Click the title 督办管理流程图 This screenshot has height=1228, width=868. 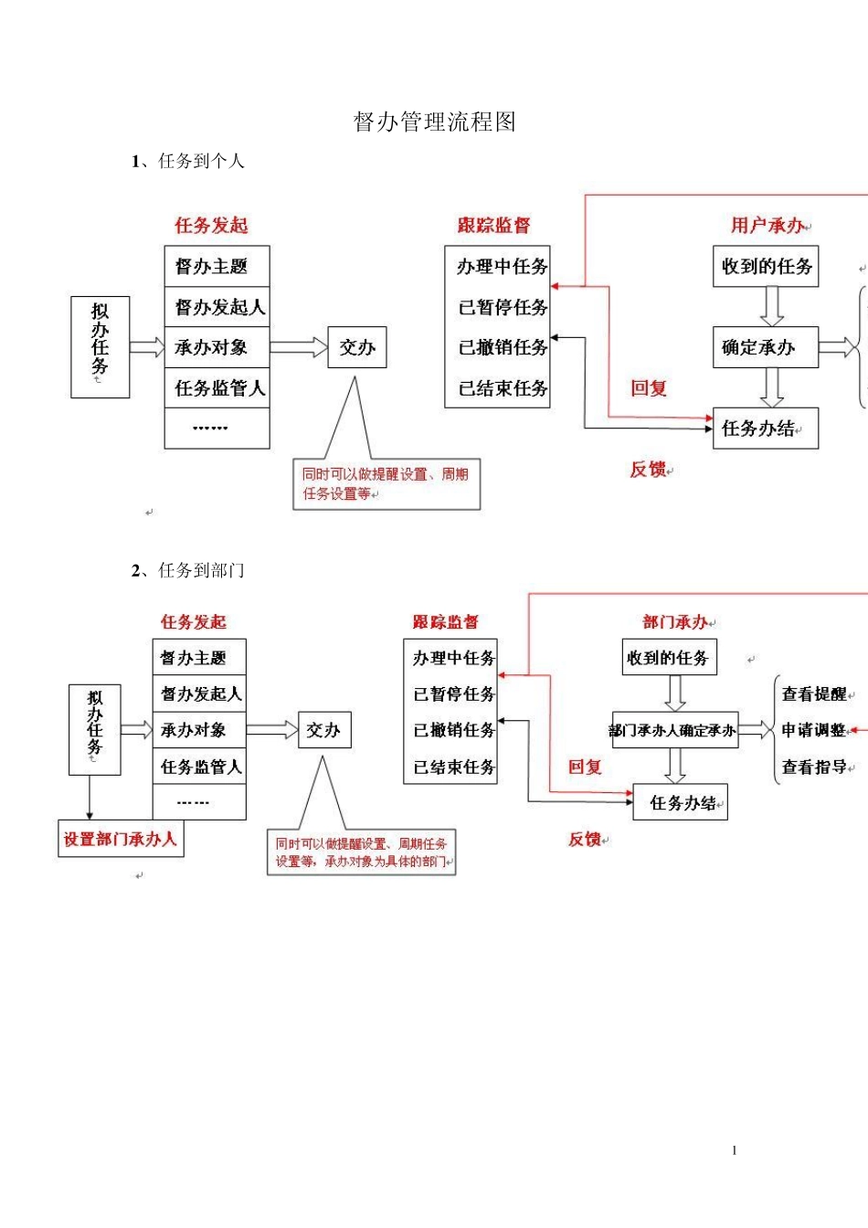tap(435, 122)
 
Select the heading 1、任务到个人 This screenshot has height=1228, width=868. tap(187, 162)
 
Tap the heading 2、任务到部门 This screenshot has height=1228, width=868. tap(187, 571)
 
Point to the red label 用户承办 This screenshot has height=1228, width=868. tap(767, 225)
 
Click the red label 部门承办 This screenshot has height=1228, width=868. tap(674, 622)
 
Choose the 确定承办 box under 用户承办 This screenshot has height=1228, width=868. tap(765, 347)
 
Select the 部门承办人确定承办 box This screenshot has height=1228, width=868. tap(674, 730)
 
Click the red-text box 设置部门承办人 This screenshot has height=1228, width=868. tap(121, 839)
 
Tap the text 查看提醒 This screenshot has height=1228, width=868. tap(813, 694)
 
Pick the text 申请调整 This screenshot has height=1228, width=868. tap(813, 730)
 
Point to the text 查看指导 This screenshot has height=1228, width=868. tap(813, 767)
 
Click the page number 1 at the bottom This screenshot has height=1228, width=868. tap(734, 1150)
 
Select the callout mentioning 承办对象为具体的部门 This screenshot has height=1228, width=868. tap(361, 852)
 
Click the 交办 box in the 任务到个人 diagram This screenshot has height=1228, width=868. tap(357, 347)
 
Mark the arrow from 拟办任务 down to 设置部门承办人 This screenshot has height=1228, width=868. tap(90, 797)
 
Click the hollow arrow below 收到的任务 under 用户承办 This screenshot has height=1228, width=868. tap(772, 306)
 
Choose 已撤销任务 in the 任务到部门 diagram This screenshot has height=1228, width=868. tap(453, 730)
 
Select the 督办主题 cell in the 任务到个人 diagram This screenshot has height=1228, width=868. tap(217, 267)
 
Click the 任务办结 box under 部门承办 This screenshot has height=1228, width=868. tap(681, 803)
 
